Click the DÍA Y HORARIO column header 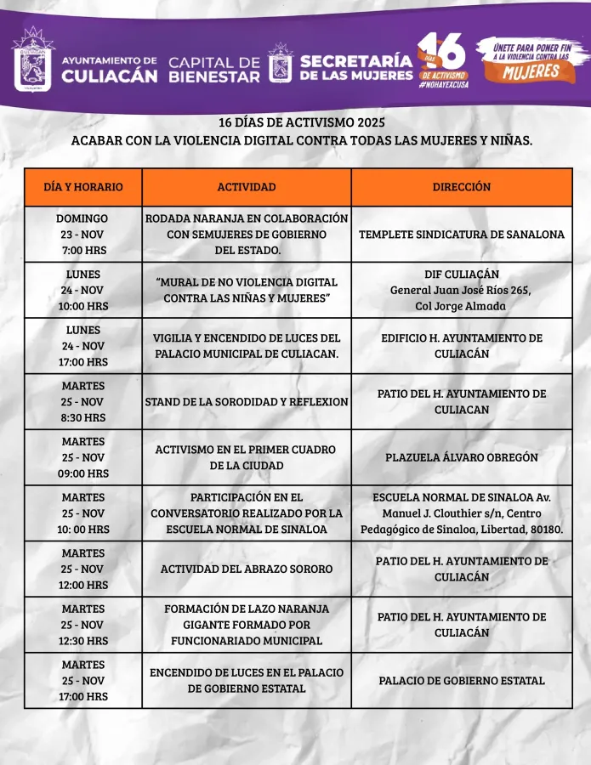pos(82,187)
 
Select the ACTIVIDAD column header pos(247,187)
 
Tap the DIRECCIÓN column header pos(461,187)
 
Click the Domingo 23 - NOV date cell pos(82,235)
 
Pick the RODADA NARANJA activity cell pos(247,235)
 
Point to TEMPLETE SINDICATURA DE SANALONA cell pos(461,235)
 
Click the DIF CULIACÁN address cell pos(461,290)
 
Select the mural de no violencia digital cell pos(247,290)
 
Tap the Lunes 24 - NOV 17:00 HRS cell pos(82,346)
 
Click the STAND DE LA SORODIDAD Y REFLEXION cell pos(247,402)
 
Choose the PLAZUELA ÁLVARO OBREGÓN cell pos(461,457)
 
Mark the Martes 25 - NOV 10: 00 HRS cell pos(82,513)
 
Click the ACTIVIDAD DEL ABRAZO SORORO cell pos(247,569)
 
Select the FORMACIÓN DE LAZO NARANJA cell pos(247,625)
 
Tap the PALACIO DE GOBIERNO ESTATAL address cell pos(461,680)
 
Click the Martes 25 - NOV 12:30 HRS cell pos(82,625)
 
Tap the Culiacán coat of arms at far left pos(32,59)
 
